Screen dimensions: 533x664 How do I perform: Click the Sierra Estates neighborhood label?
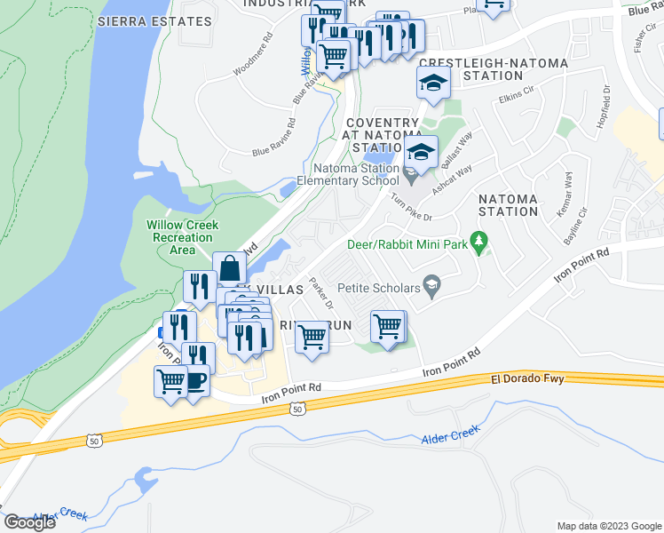(x=146, y=20)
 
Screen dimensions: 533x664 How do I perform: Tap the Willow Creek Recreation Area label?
(x=183, y=237)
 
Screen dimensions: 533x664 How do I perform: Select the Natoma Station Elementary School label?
(x=355, y=173)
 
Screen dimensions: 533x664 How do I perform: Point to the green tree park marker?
(x=480, y=240)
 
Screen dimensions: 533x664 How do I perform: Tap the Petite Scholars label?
(x=377, y=287)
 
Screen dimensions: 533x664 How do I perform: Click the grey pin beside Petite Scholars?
(x=432, y=285)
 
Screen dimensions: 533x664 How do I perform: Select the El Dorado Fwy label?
(x=527, y=379)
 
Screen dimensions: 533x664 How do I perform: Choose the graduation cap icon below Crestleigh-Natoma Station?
(x=433, y=84)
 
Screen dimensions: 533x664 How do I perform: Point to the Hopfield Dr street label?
(x=604, y=107)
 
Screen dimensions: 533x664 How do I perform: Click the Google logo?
(x=29, y=522)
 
